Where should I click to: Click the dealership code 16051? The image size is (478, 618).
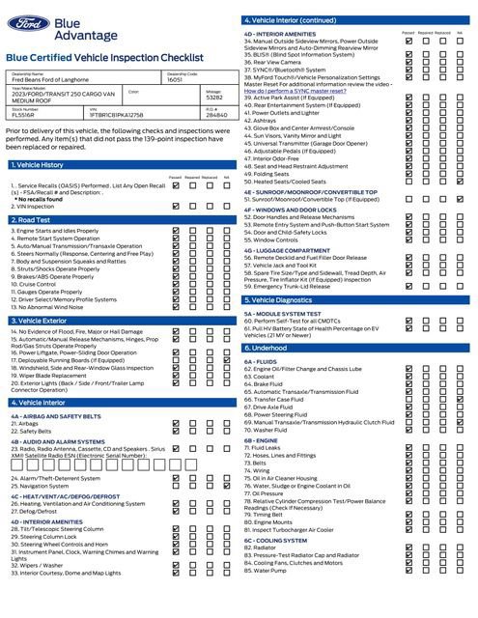175,81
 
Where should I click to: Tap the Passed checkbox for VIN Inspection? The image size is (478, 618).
175,206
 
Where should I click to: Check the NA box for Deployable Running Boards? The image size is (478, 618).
226,360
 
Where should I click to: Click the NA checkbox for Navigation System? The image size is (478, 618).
226,486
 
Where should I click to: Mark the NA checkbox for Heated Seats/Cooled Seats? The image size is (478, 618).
460,181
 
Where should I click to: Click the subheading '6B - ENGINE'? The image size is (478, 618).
261,439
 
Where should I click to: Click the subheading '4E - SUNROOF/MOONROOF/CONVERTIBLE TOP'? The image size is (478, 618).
310,191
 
